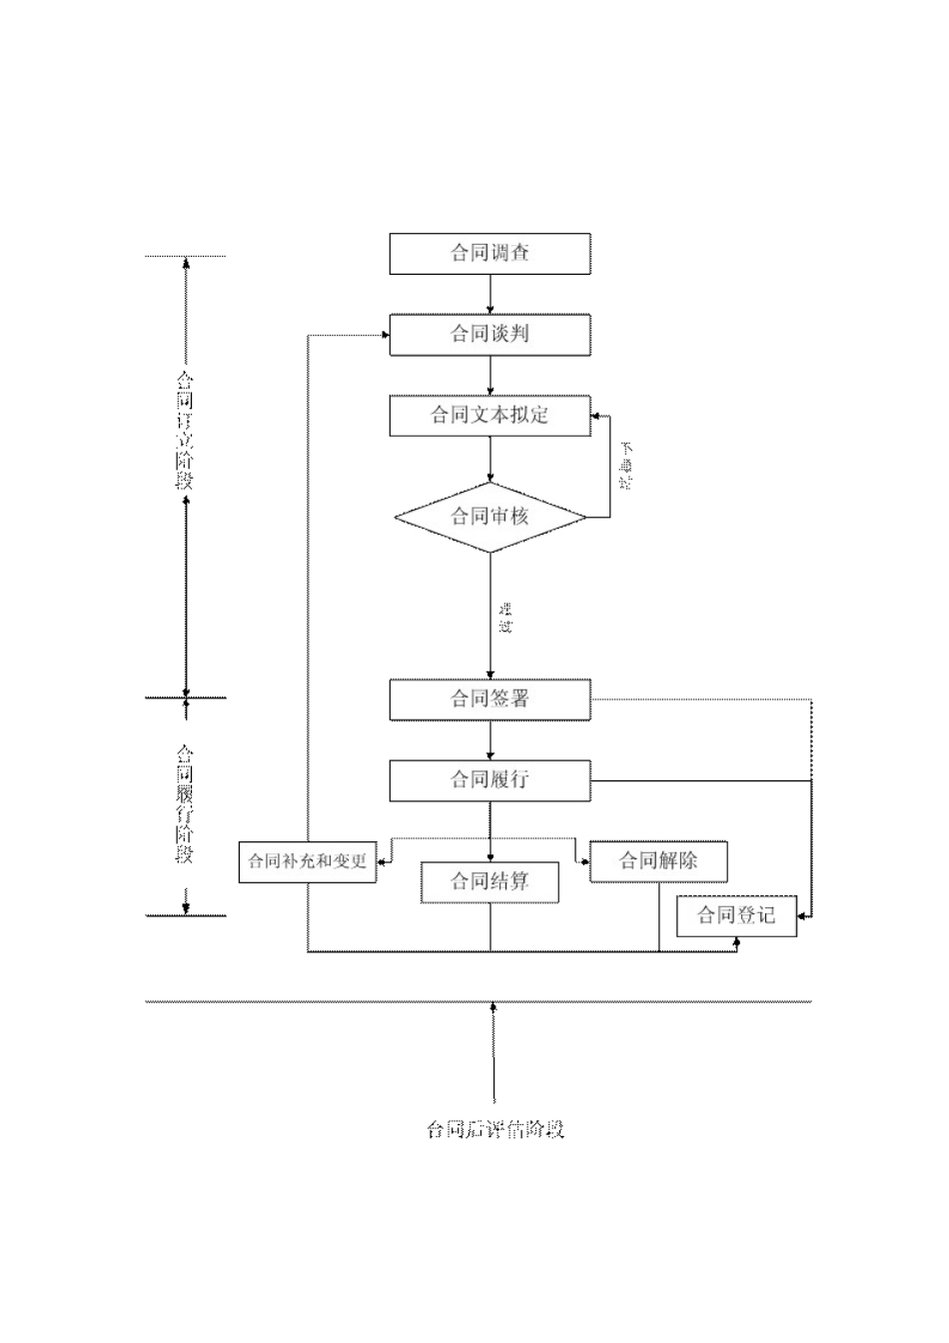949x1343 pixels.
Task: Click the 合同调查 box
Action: tap(489, 254)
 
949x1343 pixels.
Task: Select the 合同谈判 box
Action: tap(489, 335)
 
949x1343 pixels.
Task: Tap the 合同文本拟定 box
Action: tap(489, 416)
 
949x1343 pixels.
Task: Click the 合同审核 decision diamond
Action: tap(489, 517)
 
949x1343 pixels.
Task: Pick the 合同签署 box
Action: tap(489, 699)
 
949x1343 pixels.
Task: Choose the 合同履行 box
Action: tap(489, 780)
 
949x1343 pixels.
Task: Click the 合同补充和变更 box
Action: tap(308, 861)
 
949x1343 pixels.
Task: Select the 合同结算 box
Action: tap(489, 882)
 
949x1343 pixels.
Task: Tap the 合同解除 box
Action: tap(658, 861)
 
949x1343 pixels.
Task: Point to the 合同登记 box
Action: tap(736, 915)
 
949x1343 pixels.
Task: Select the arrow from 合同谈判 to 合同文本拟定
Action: tap(490, 375)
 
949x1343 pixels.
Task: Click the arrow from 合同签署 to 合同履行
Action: tap(490, 739)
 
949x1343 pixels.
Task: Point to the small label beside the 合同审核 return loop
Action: tap(626, 465)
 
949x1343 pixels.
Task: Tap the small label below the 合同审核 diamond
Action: tap(505, 618)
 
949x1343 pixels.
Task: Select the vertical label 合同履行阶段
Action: tap(185, 803)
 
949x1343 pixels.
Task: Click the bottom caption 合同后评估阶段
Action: tap(495, 1130)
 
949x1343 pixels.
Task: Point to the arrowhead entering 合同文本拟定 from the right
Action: tap(596, 417)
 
